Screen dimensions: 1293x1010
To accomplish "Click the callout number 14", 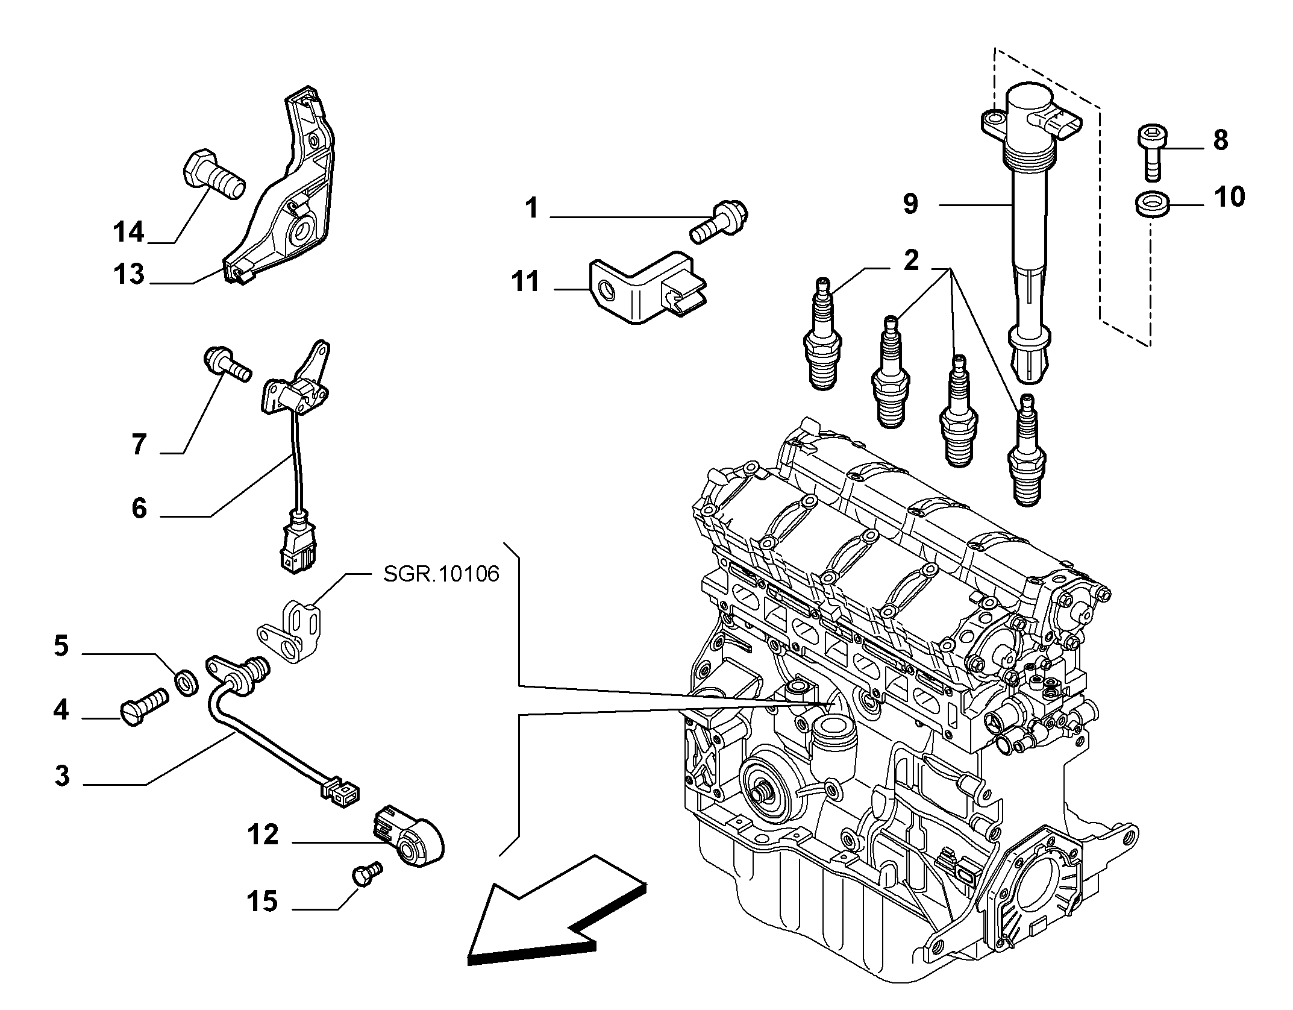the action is pyautogui.click(x=129, y=231).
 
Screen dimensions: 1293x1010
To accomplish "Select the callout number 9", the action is pyautogui.click(x=910, y=204).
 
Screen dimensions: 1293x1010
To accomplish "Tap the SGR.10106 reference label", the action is pyautogui.click(x=441, y=574).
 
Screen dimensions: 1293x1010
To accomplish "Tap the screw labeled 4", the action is pyautogui.click(x=146, y=705).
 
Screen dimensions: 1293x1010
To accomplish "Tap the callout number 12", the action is pyautogui.click(x=263, y=835).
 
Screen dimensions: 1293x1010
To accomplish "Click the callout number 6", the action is pyautogui.click(x=139, y=509).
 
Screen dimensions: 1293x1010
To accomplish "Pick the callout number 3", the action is pyautogui.click(x=62, y=776).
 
